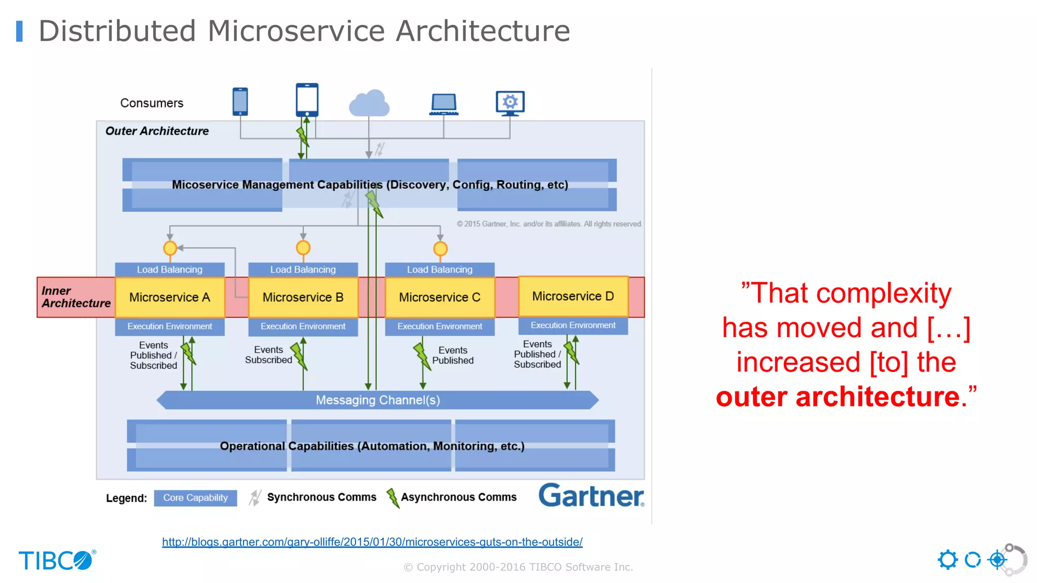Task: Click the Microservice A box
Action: [x=170, y=297]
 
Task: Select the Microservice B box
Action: [x=303, y=297]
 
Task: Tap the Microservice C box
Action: [x=440, y=297]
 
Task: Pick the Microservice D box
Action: [x=573, y=296]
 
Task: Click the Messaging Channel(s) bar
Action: [x=378, y=400]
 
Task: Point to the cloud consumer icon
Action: [x=369, y=103]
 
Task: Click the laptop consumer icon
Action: [x=444, y=104]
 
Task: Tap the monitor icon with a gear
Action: [x=510, y=103]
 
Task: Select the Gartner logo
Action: [x=591, y=495]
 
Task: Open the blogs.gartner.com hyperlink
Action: [x=372, y=542]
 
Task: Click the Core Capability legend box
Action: [x=195, y=498]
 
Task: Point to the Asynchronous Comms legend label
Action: [x=459, y=497]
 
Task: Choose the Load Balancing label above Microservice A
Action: [x=170, y=270]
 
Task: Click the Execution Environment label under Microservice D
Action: [x=573, y=325]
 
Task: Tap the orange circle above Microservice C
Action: [x=440, y=249]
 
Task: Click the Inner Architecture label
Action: [x=76, y=297]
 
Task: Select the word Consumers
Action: [x=152, y=103]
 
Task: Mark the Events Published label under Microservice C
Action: [x=453, y=355]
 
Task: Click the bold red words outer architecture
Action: [x=837, y=397]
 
